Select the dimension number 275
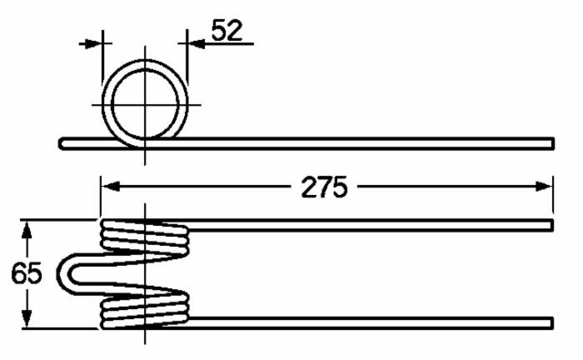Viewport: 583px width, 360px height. coord(324,187)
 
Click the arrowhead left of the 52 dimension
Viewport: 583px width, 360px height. coord(93,43)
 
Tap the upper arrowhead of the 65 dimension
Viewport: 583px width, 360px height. coord(27,229)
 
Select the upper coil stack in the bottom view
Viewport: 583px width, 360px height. coord(143,237)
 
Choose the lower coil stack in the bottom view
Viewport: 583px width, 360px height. coord(143,309)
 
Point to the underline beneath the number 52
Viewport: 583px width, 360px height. coord(221,44)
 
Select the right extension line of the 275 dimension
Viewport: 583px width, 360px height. coord(553,196)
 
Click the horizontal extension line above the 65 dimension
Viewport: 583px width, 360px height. coord(58,221)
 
